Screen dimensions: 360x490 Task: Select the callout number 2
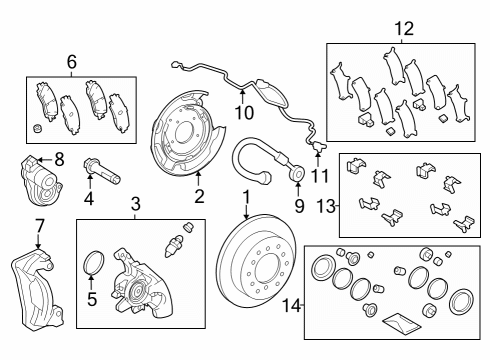point(199,196)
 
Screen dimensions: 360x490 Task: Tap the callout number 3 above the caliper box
point(136,206)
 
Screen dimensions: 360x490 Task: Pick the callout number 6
point(71,61)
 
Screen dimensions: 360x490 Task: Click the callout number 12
point(403,28)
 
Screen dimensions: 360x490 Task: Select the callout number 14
point(291,303)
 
